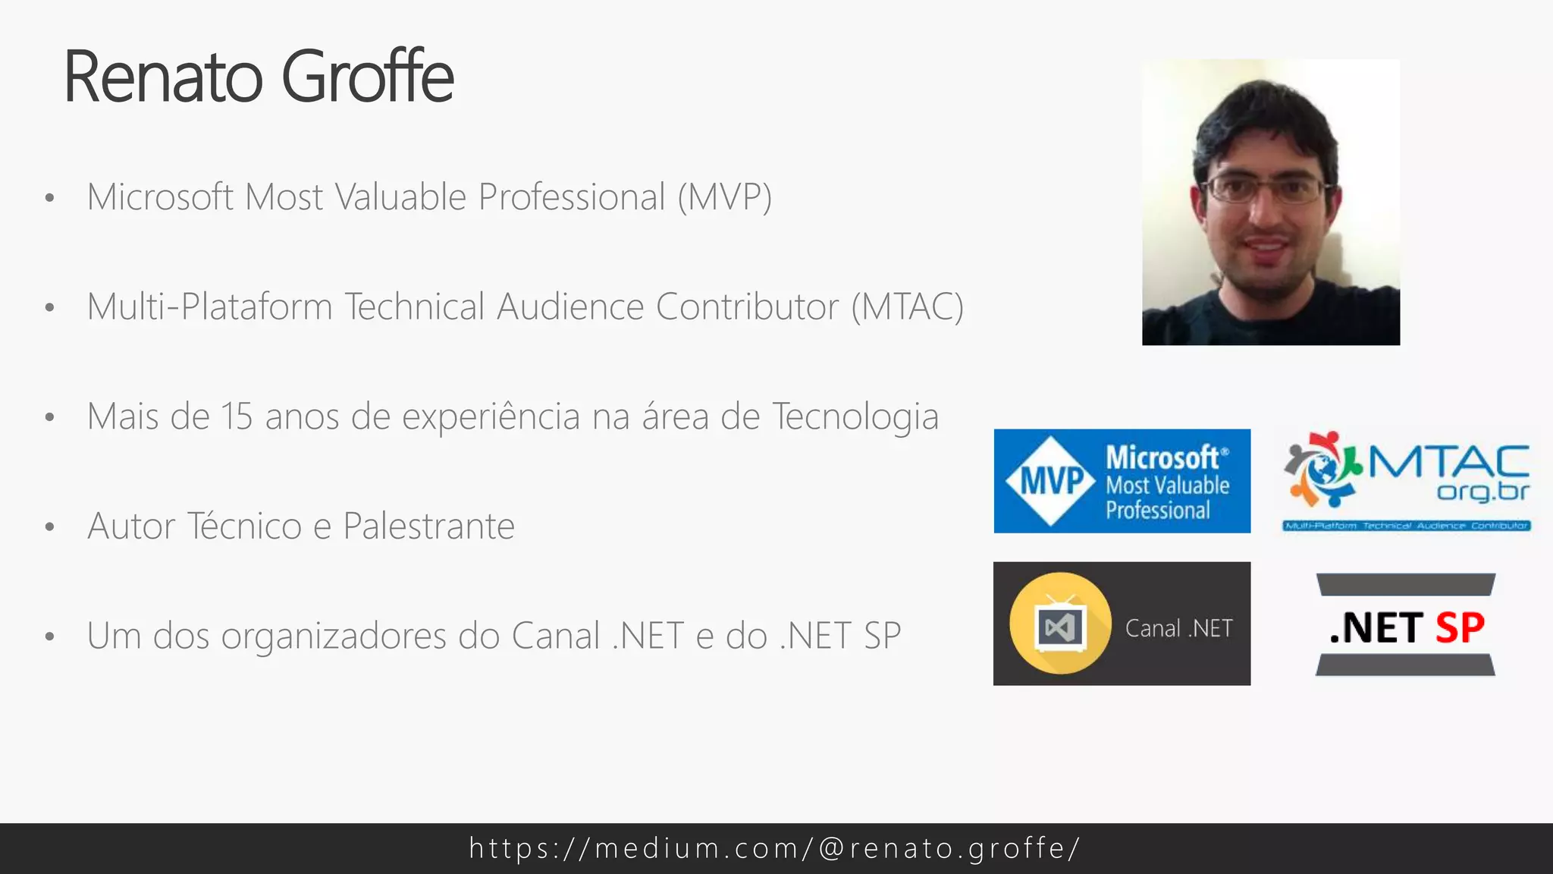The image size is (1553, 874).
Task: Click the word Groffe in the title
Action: click(368, 77)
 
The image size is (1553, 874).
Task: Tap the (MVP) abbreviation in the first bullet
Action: click(724, 197)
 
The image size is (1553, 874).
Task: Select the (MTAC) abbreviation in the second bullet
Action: click(907, 307)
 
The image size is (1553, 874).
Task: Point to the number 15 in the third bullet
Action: click(236, 417)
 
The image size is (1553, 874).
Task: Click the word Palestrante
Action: click(428, 526)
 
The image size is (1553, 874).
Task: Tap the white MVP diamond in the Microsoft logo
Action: click(1050, 480)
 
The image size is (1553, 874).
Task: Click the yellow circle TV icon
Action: click(1060, 624)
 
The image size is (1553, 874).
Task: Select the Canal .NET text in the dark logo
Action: click(1178, 628)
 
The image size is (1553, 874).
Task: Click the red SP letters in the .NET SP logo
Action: click(1460, 627)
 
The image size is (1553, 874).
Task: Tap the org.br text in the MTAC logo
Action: click(1482, 492)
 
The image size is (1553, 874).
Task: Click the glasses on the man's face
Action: click(1264, 189)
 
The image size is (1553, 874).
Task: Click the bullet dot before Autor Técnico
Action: click(50, 527)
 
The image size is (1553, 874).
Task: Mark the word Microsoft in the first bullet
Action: click(160, 197)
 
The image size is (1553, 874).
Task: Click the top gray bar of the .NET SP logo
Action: click(1406, 584)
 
